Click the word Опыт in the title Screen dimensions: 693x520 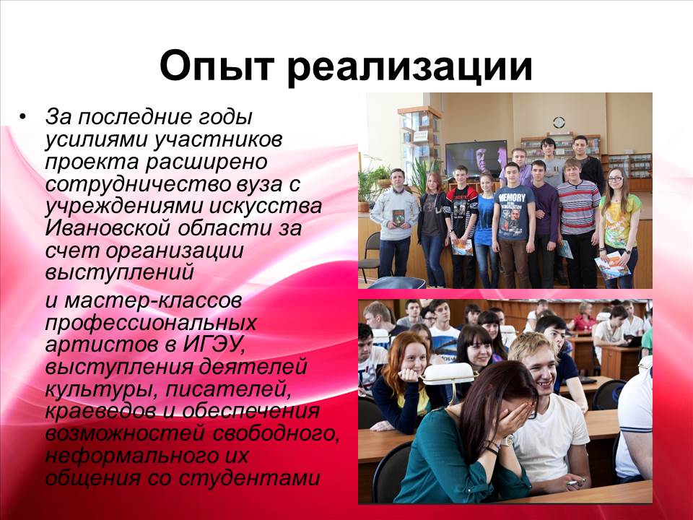click(216, 66)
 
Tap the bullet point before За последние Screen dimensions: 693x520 click(22, 117)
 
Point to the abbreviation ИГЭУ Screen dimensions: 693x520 click(214, 345)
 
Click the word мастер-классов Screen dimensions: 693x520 click(153, 300)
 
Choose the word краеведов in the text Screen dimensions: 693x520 click(100, 412)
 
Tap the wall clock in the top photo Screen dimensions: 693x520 click(559, 123)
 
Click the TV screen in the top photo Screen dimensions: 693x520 click(476, 158)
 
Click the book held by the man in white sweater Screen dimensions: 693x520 click(398, 217)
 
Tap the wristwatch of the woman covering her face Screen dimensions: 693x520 click(510, 440)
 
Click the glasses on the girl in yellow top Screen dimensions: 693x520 click(616, 179)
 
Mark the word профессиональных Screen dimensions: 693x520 click(151, 324)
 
